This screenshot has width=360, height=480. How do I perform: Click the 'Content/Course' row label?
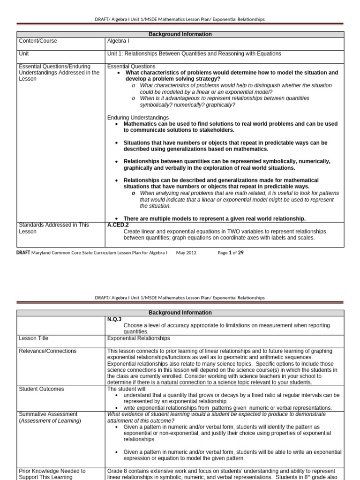(38, 41)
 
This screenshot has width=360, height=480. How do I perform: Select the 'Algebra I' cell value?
(117, 41)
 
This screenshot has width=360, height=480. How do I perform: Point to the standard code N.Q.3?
(115, 319)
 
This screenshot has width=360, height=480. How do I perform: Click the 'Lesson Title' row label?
(33, 338)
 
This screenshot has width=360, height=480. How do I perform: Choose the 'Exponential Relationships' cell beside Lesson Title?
(138, 338)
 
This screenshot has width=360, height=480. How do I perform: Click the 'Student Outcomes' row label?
(41, 389)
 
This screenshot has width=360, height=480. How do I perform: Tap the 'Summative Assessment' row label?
(48, 414)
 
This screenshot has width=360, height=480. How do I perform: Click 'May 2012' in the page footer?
(186, 253)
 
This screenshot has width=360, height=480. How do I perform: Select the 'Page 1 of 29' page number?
(231, 253)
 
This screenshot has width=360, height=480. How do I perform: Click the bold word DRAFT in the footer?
(23, 253)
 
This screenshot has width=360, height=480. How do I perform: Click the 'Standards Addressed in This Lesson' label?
(53, 228)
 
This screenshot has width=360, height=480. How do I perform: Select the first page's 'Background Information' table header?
(180, 34)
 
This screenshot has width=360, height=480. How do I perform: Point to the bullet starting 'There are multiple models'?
(214, 218)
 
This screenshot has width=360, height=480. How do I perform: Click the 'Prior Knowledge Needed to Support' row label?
(52, 474)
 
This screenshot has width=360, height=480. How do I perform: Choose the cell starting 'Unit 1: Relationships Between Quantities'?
(194, 54)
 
